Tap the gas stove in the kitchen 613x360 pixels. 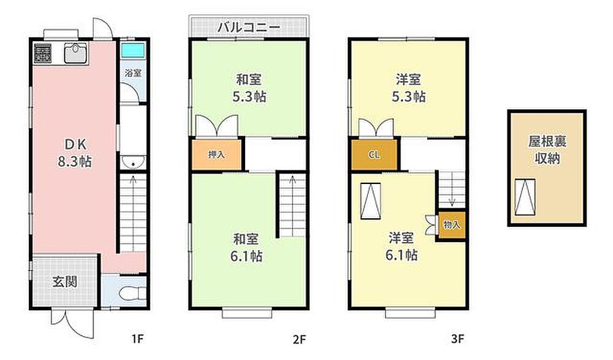[43, 53]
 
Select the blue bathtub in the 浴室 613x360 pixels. [132, 50]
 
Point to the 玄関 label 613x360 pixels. [65, 281]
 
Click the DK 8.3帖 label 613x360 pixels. [75, 153]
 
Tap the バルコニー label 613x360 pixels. [249, 28]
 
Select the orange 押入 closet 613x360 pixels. [216, 155]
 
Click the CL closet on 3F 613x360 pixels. [374, 155]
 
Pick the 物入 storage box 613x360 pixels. [452, 225]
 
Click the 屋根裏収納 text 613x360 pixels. [547, 150]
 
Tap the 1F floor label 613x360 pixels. [137, 339]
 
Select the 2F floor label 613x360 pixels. [299, 339]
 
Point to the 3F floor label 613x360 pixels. [457, 339]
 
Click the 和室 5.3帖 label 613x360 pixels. [249, 88]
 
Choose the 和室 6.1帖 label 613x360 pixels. [246, 248]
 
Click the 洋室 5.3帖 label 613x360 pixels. [408, 88]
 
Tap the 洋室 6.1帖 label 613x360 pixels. [402, 246]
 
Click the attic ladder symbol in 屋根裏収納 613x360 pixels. [525, 197]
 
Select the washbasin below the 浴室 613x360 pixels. [133, 162]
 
